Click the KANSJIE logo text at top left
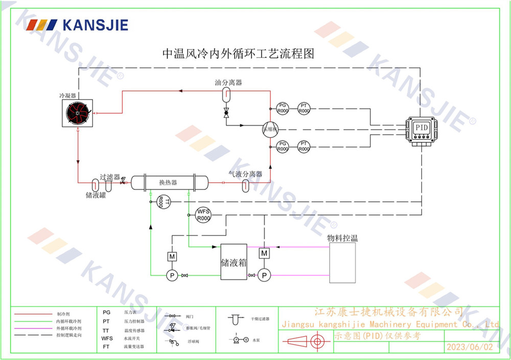click(x=95, y=25)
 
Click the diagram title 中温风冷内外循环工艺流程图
click(x=238, y=53)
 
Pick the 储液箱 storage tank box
click(x=234, y=261)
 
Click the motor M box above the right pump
click(x=264, y=253)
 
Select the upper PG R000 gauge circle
click(x=283, y=108)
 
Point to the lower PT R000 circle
click(x=304, y=147)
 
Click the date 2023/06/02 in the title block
click(x=471, y=347)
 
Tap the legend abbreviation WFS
click(x=107, y=338)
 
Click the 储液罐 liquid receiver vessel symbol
click(x=96, y=183)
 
